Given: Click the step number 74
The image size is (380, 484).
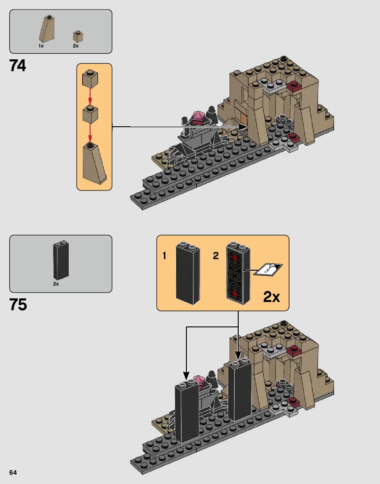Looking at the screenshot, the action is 17,66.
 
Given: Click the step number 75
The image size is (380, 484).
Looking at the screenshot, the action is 18,305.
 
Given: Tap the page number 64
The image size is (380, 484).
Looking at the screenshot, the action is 13,472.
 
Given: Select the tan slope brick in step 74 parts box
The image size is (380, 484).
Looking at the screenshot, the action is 47,29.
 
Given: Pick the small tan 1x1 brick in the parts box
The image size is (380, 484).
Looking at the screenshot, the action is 78,36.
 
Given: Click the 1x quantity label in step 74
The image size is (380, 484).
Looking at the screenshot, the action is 41,46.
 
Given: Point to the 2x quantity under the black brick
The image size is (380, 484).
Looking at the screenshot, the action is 56,284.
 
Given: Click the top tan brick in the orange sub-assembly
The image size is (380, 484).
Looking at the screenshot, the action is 90,79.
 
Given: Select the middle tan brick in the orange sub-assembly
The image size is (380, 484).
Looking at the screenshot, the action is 90,114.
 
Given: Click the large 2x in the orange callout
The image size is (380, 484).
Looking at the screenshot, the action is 271,297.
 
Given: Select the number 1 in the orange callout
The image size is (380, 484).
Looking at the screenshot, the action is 164,256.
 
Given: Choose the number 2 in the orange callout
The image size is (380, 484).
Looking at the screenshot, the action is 216,256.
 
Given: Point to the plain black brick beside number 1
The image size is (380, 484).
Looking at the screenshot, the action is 188,274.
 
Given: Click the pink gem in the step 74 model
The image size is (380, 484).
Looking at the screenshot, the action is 198,116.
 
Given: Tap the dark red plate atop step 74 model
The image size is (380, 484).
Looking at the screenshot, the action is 294,86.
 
